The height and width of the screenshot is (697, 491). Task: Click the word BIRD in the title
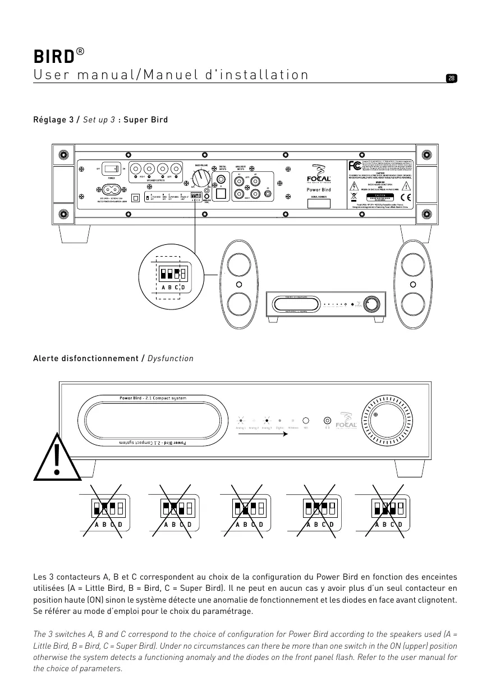[x=53, y=57]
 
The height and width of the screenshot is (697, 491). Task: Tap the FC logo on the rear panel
[x=354, y=166]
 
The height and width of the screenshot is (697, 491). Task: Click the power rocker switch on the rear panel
[x=113, y=168]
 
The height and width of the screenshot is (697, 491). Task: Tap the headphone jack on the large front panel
[x=327, y=420]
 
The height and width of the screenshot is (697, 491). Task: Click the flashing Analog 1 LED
[x=240, y=420]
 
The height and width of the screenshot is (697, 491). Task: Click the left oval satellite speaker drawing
[x=238, y=285]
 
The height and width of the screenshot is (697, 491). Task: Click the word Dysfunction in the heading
[x=170, y=358]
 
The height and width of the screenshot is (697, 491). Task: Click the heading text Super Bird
[x=145, y=120]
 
